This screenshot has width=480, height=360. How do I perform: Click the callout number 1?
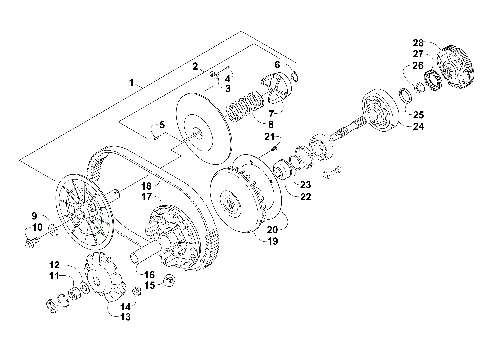click(x=132, y=79)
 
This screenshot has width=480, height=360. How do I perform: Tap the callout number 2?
click(x=196, y=65)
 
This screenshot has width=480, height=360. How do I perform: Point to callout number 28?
click(x=417, y=43)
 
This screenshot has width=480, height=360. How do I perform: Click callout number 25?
click(x=418, y=115)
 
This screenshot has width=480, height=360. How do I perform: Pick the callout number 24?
click(x=418, y=127)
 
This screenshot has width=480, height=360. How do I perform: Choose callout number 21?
click(x=270, y=136)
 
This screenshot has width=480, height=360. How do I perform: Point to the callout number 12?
click(x=56, y=264)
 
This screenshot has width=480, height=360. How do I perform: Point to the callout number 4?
click(x=228, y=77)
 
